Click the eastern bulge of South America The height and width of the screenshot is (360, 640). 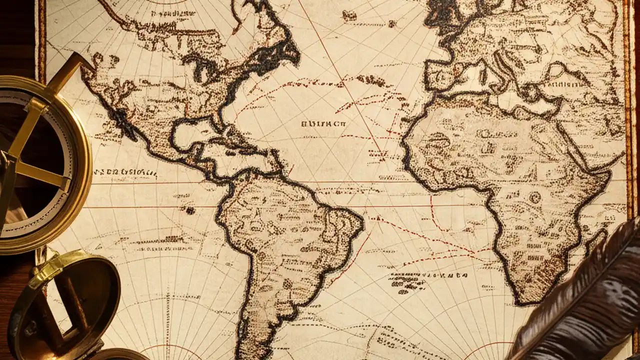click(x=350, y=220)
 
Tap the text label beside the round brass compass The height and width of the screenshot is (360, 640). click(x=125, y=173)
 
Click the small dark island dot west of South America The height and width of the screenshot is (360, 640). click(x=190, y=210)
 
